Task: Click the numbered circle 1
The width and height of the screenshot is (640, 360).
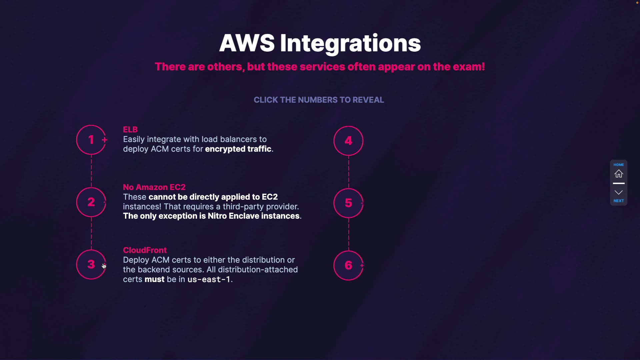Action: [91, 140]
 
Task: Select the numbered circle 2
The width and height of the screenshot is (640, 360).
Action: [91, 202]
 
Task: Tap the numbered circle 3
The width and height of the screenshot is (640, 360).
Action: [91, 265]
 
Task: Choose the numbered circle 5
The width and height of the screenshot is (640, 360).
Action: [348, 203]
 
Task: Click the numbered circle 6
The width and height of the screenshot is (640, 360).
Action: [348, 265]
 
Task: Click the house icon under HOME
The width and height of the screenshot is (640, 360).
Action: [619, 174]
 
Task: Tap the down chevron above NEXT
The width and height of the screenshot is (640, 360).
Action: [619, 192]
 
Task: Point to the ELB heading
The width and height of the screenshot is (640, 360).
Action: [130, 129]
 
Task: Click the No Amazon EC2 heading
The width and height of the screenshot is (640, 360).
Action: [154, 187]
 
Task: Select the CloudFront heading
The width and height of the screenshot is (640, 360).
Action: [145, 250]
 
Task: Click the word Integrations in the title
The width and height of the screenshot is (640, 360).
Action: [350, 43]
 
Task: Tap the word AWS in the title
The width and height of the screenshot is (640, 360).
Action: [247, 43]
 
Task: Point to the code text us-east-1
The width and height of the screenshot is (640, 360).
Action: [209, 279]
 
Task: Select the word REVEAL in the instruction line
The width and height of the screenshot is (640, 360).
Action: [368, 100]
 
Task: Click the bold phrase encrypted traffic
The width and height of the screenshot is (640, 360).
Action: [238, 149]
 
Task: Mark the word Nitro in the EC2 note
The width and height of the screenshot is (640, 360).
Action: [217, 216]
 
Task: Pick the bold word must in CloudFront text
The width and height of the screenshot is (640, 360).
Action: [154, 279]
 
